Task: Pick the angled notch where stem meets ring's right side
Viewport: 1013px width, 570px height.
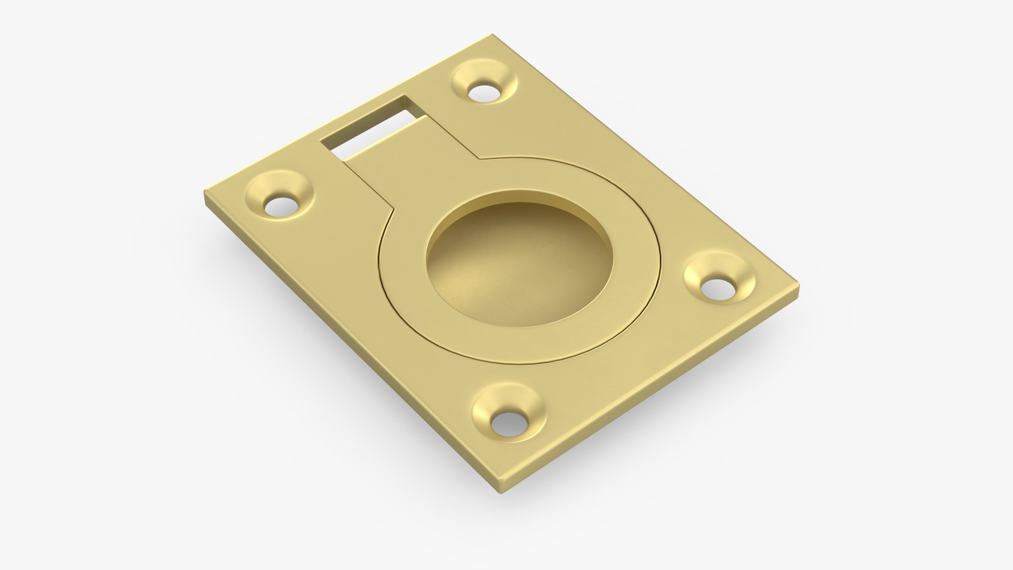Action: tap(479, 157)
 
